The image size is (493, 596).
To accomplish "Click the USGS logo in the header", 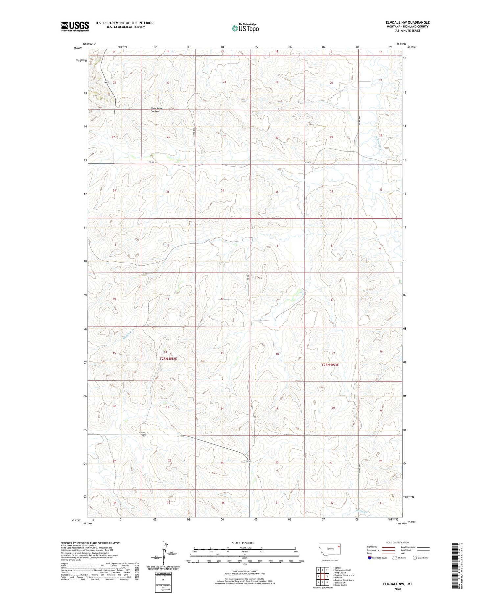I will pos(75,26).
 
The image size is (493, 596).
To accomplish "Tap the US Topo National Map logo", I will pos(245,28).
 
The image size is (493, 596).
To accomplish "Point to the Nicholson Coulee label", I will pos(154,110).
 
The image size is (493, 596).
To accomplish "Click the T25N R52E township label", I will pos(168,359).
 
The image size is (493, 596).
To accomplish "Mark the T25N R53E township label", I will pos(330,365).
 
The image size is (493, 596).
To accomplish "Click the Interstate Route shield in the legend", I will pos(370,558).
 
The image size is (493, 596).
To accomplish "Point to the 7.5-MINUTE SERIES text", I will pos(408,31).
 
